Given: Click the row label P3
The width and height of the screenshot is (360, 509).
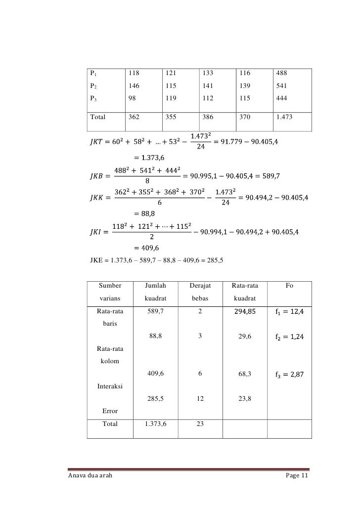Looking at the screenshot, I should pyautogui.click(x=93, y=98).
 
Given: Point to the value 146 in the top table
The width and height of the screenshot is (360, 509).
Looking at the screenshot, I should pyautogui.click(x=134, y=85).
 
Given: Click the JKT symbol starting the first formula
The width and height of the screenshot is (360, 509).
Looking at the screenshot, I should pyautogui.click(x=94, y=143).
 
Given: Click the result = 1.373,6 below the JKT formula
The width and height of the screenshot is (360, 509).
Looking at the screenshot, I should pyautogui.click(x=149, y=158).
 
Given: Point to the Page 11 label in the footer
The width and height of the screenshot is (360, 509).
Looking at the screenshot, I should pyautogui.click(x=297, y=476).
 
